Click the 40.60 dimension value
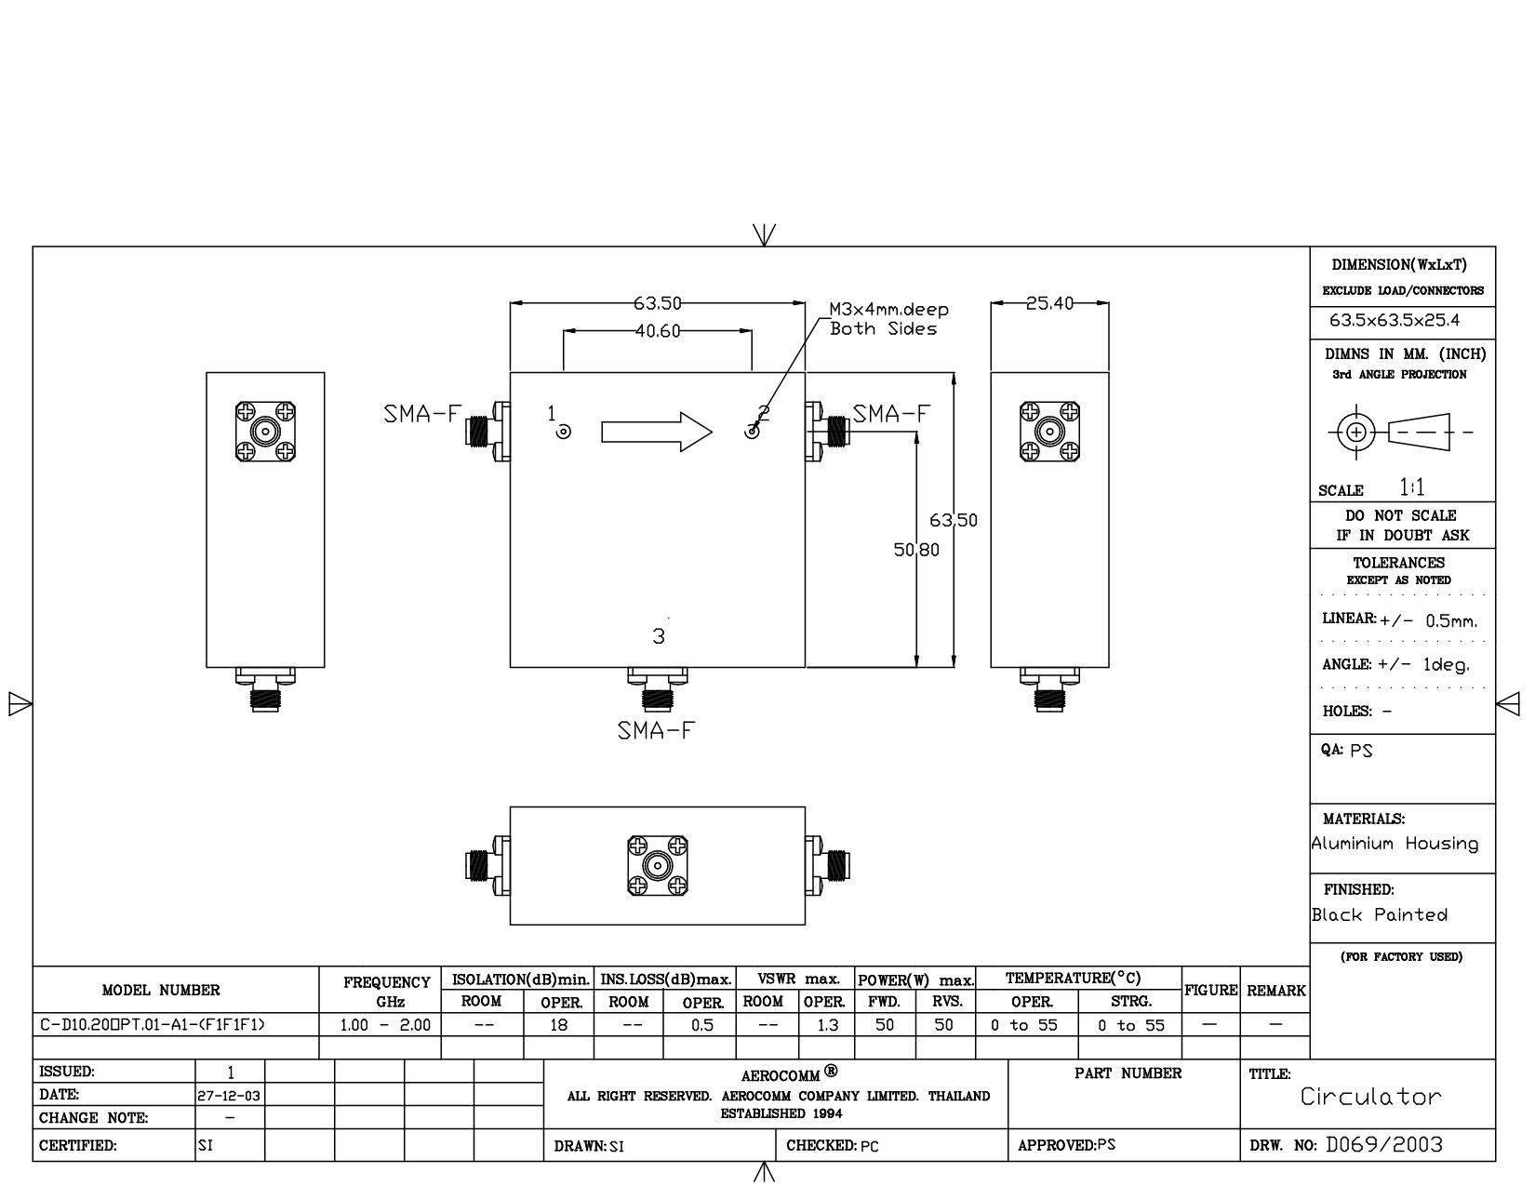tap(657, 331)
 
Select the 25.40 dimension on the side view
tap(1049, 303)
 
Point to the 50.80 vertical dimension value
tap(916, 550)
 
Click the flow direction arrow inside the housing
tap(657, 432)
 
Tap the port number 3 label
tap(659, 636)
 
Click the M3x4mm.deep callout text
tap(888, 310)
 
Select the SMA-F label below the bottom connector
tap(656, 730)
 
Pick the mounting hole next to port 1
tap(564, 432)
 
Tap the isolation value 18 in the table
tap(558, 1025)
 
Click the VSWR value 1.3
tap(826, 1025)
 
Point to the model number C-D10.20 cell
tap(153, 1025)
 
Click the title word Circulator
tap(1370, 1097)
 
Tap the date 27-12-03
tap(230, 1096)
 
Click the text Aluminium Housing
tap(1395, 844)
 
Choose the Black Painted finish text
tap(1379, 914)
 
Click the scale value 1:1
tap(1411, 487)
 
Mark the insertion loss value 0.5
tap(702, 1025)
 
